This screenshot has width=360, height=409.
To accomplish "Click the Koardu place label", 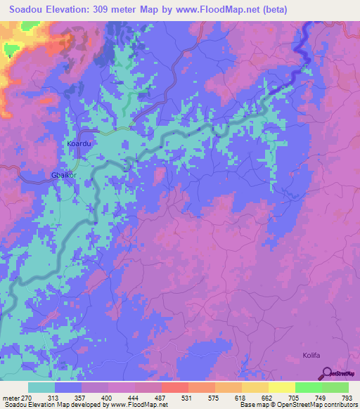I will point(79,143).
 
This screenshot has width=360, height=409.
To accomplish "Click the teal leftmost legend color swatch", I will point(41,387).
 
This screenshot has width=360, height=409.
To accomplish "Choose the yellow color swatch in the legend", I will point(282,387).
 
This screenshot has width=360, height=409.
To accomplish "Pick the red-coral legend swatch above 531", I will point(174,387).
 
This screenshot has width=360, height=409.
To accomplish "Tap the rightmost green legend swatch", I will point(335,387).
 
